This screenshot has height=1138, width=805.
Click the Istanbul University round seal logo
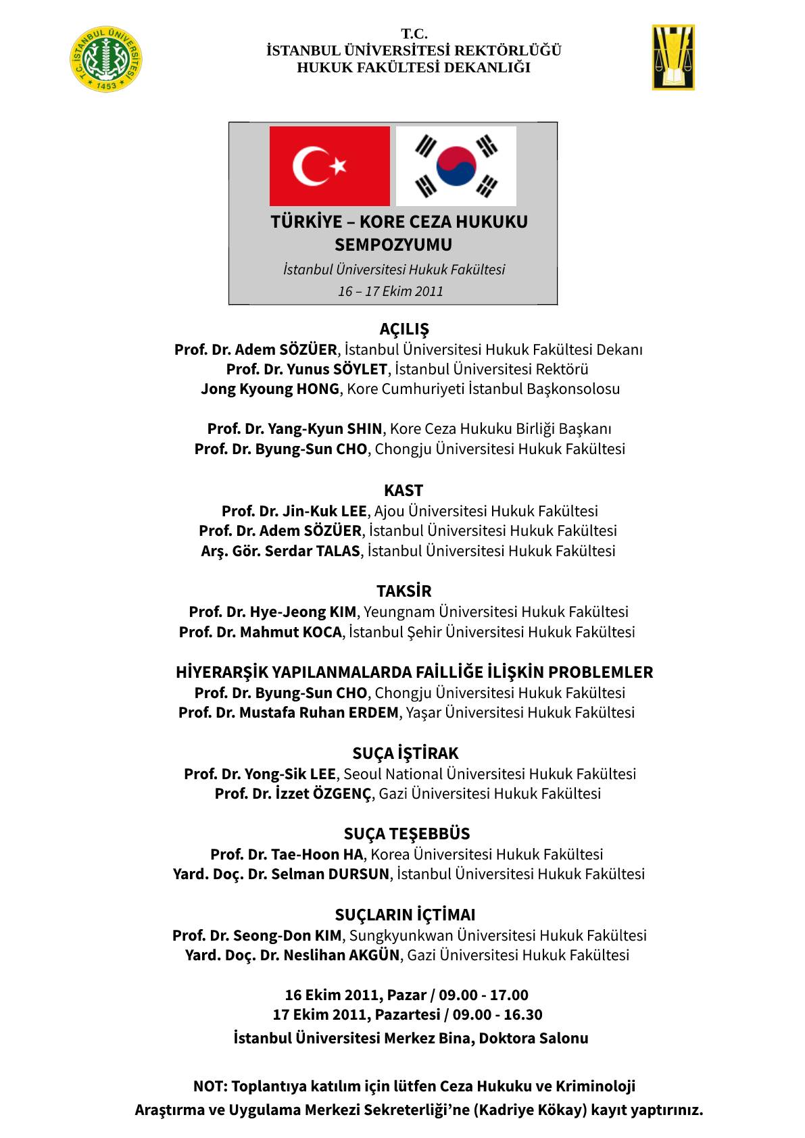tap(106, 59)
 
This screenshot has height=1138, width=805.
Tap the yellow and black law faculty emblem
tap(673, 57)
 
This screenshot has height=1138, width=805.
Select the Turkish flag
tap(330, 166)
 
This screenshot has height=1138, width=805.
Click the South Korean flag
tap(456, 166)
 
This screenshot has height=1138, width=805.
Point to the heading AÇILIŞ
tap(404, 329)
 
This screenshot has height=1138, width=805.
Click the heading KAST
tap(404, 491)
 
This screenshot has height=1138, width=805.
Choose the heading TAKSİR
tap(404, 591)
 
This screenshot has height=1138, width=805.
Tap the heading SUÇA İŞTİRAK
tap(406, 753)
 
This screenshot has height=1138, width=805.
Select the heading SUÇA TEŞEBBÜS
tap(407, 834)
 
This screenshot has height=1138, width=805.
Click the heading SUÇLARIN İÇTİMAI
tap(406, 915)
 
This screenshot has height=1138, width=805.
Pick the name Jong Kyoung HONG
tap(270, 389)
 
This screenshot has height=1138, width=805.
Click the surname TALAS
tap(338, 551)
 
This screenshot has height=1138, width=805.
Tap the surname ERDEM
tap(373, 713)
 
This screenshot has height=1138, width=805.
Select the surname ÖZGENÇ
tap(342, 794)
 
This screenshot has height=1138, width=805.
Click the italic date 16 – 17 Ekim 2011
tap(391, 291)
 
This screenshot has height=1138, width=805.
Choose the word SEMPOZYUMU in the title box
tap(393, 245)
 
